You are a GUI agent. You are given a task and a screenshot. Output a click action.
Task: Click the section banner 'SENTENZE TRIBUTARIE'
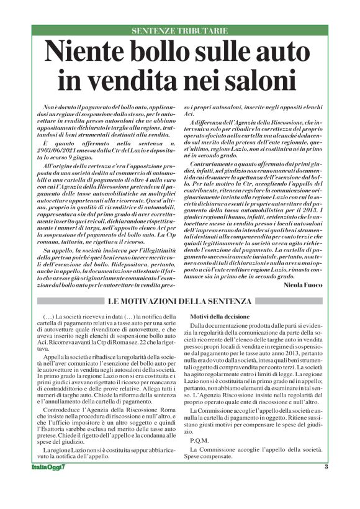pos(180,30)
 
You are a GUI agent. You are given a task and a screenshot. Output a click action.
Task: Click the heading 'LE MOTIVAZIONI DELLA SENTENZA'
pos(180,302)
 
